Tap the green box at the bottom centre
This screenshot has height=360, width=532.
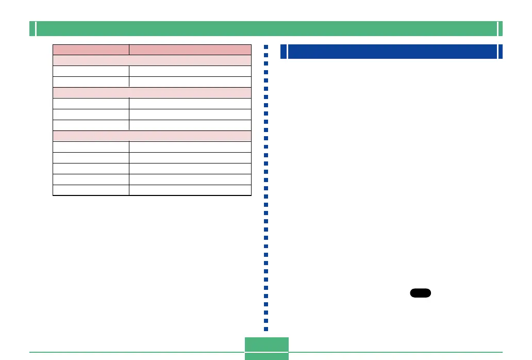(266, 348)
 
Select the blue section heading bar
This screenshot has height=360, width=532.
(392, 52)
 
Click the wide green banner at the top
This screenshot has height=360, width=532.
(266, 29)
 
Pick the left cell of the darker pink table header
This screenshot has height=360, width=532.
(91, 50)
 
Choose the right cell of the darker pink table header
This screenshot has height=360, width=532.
(190, 50)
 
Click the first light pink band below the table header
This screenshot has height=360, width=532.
(152, 60)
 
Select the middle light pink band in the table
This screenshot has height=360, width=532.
(152, 93)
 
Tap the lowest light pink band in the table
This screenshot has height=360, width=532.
(152, 136)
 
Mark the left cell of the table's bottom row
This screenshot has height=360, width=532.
(91, 190)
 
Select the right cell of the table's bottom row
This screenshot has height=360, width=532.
(190, 190)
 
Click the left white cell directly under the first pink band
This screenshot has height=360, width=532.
(91, 71)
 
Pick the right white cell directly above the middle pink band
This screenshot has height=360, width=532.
(190, 82)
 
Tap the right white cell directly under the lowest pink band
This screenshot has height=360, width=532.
(190, 147)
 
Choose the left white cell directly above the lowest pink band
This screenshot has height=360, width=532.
(91, 125)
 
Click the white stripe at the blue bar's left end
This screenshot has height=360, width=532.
(286, 52)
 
